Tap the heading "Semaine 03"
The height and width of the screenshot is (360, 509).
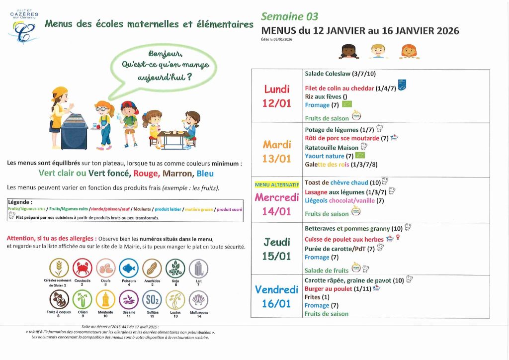(x=289, y=16)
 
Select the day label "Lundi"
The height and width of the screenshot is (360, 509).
(x=277, y=90)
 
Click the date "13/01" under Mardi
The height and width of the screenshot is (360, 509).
(x=277, y=158)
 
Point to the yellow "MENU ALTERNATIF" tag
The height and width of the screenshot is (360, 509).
(x=276, y=185)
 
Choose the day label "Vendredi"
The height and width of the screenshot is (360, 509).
(x=276, y=289)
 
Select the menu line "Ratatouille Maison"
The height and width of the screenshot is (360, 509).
(x=332, y=148)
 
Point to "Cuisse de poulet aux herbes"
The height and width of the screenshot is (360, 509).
(x=344, y=240)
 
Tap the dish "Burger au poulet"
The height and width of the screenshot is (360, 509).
(x=328, y=289)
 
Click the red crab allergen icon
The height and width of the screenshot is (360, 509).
(x=82, y=268)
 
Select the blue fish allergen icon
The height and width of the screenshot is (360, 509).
(x=128, y=268)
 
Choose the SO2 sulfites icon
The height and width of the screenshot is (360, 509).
(x=152, y=299)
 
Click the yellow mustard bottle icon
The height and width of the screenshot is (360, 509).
(x=105, y=299)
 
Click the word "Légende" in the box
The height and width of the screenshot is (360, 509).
(x=20, y=202)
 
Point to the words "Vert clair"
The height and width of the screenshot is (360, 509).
(x=55, y=174)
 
